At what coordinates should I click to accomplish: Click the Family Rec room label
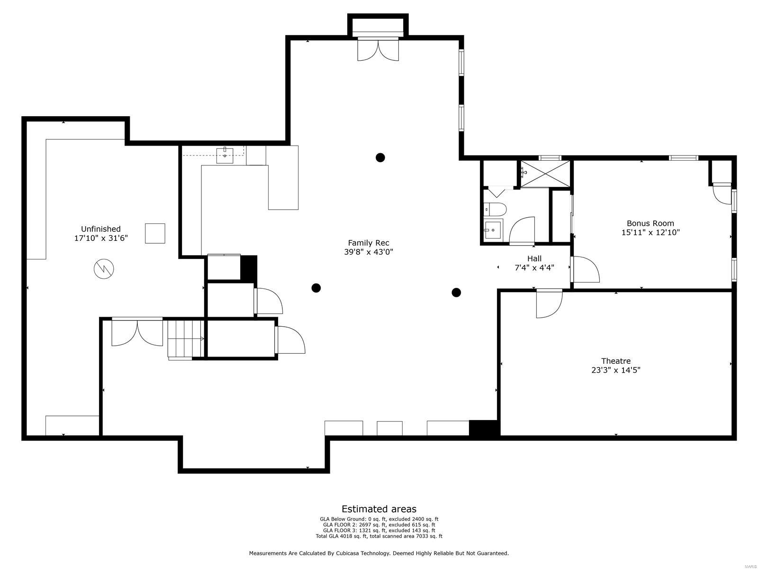pos(369,243)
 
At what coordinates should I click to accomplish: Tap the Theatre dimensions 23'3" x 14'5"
pos(616,370)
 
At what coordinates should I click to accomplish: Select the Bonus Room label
pos(650,223)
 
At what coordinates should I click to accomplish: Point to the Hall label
pos(534,258)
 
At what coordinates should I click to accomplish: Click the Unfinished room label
pos(100,229)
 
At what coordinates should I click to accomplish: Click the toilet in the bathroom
pos(495,209)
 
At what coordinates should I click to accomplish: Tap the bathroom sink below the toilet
pos(492,230)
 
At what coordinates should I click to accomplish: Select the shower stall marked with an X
pos(546,174)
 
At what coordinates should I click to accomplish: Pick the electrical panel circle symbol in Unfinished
pos(104,269)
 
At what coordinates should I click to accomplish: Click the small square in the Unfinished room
pos(155,233)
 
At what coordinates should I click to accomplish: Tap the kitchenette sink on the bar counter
pos(225,155)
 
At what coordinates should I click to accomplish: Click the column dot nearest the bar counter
pos(380,157)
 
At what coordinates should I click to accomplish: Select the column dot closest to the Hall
pos(456,293)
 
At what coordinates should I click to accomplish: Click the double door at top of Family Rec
pos(378,49)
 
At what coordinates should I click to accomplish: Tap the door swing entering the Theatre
pos(550,303)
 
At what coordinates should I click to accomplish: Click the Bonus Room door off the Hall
pos(586,270)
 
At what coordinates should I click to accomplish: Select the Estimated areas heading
pos(379,509)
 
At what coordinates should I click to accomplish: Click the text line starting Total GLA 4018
pos(379,536)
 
